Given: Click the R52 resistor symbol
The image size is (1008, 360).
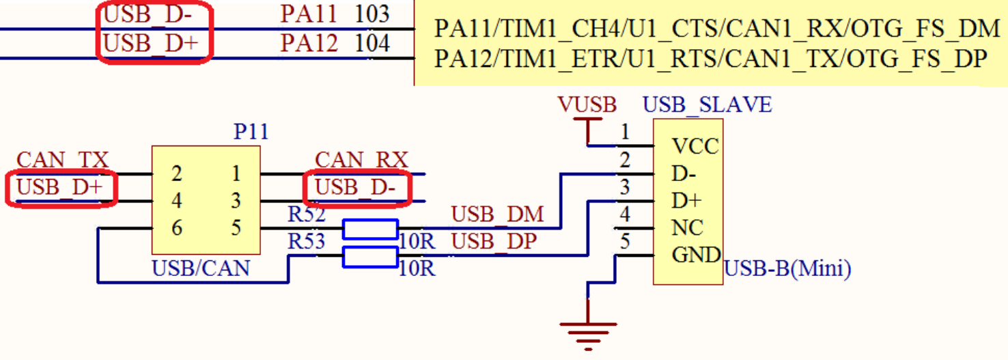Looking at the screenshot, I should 370,229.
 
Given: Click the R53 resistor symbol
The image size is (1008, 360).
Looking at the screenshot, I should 370,257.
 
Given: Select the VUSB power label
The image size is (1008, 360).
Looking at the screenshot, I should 587,105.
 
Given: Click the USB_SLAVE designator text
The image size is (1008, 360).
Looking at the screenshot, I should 707,105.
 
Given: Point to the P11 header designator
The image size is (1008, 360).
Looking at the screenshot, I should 251,132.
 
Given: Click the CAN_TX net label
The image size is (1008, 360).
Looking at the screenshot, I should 62,161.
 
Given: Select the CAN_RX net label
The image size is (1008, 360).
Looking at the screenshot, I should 361,161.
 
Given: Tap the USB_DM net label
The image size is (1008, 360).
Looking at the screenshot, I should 498,214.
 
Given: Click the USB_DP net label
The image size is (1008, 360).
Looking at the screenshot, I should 494,242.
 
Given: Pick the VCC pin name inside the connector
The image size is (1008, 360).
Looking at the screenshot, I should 695,147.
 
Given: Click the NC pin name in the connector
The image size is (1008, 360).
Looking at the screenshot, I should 688,227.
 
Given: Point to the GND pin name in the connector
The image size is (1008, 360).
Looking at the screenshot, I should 697,255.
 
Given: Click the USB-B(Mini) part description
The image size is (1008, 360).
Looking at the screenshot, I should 787,269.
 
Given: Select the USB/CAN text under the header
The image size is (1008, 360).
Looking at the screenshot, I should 201,268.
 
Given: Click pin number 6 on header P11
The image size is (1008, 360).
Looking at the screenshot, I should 177,228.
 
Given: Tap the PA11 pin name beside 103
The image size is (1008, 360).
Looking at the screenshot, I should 309,14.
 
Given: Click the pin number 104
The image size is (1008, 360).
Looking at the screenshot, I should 372,44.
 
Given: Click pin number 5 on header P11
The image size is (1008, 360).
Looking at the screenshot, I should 236,228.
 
